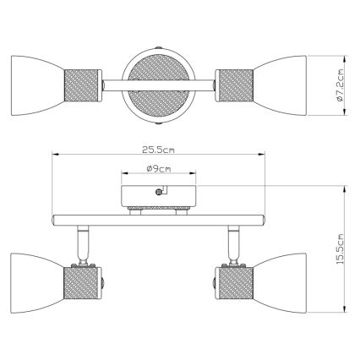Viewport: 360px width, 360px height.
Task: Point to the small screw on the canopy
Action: coord(158,191)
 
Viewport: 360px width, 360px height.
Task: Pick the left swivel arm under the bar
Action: coord(85,243)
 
